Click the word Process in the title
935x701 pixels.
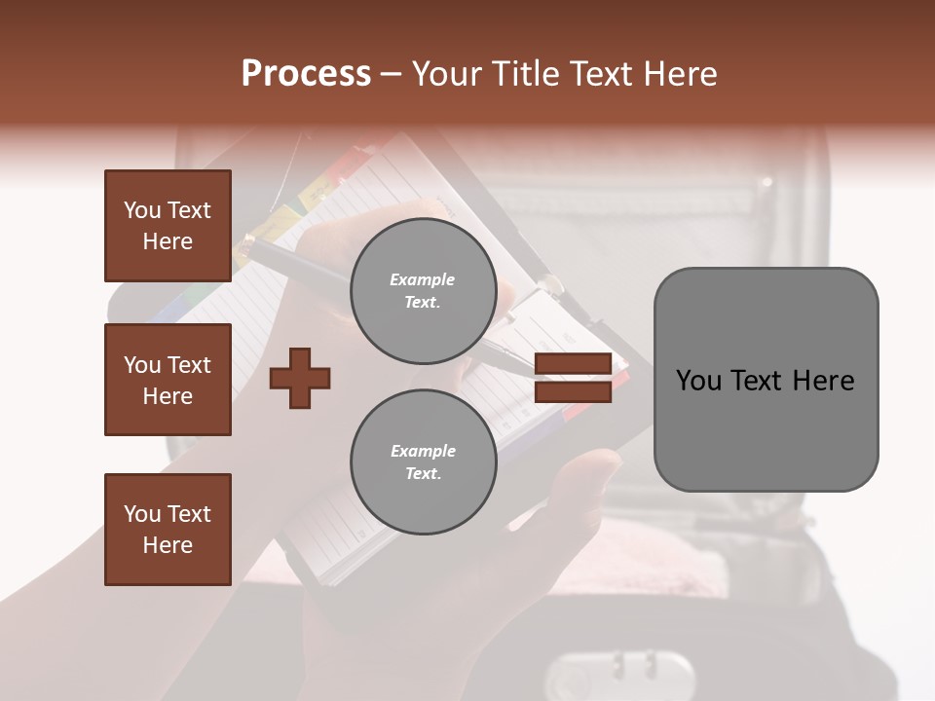click(x=306, y=74)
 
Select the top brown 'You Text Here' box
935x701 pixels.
click(x=168, y=226)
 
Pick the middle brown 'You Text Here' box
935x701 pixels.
click(x=168, y=380)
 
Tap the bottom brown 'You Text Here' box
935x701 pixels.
click(x=168, y=529)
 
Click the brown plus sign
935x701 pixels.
click(x=299, y=378)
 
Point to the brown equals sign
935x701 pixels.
click(x=573, y=378)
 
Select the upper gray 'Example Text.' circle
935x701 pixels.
click(x=423, y=290)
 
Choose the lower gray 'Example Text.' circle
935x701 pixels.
click(x=423, y=461)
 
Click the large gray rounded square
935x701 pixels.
click(x=766, y=380)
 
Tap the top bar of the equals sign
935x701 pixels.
click(x=573, y=364)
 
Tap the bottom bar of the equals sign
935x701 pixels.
click(x=573, y=391)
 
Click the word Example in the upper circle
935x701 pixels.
click(x=423, y=279)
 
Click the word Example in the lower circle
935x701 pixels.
click(x=423, y=451)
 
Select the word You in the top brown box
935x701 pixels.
click(x=141, y=210)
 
